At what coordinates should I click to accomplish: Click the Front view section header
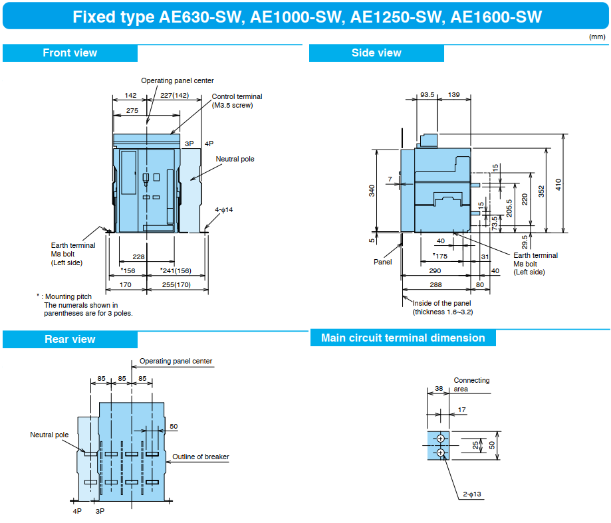[x=70, y=53]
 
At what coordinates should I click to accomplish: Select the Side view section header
[x=376, y=53]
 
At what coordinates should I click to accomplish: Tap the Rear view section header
[x=70, y=340]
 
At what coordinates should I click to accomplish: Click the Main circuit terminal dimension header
[x=403, y=338]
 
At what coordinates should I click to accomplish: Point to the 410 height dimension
[x=558, y=184]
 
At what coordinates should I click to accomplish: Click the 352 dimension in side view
[x=542, y=191]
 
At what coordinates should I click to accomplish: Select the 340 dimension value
[x=372, y=190]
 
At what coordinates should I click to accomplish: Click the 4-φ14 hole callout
[x=224, y=210]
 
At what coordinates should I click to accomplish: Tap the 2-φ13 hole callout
[x=473, y=494]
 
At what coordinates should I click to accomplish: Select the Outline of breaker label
[x=201, y=457]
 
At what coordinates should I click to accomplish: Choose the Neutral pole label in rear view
[x=49, y=435]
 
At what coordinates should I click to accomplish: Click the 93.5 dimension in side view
[x=428, y=95]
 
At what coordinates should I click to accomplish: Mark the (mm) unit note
[x=596, y=37]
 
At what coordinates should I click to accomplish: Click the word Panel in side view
[x=382, y=262]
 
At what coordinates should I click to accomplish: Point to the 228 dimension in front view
[x=138, y=257]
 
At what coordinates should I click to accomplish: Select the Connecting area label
[x=471, y=385]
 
